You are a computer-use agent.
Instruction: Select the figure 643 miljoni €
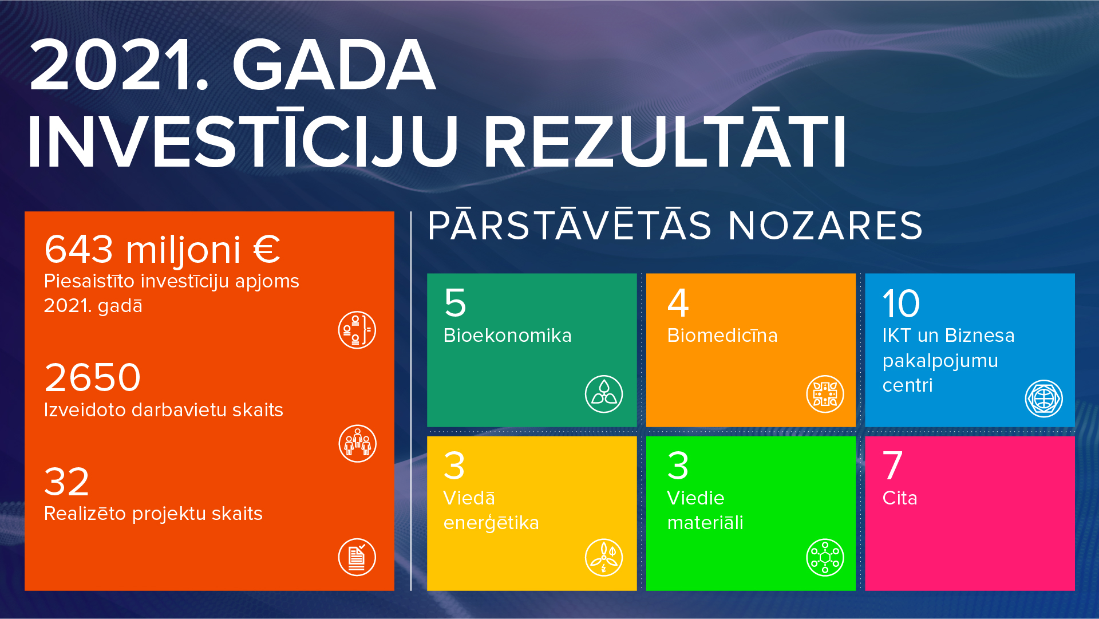163,250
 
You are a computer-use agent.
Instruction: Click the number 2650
92,377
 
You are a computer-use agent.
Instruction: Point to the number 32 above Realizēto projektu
66,482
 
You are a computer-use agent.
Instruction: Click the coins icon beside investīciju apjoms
357,330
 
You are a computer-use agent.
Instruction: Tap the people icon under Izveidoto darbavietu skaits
357,444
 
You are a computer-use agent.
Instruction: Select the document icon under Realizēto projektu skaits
357,557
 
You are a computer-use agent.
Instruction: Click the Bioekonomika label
507,336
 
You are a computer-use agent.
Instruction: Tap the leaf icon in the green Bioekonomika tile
604,394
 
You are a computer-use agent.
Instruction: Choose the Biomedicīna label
722,336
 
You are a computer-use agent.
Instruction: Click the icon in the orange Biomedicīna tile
825,394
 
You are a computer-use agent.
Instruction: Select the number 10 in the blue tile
901,303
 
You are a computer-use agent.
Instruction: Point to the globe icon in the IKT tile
1044,399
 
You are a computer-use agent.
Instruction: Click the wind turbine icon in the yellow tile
604,557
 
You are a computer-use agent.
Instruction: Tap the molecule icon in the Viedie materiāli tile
825,557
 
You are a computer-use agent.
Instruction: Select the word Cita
900,498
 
